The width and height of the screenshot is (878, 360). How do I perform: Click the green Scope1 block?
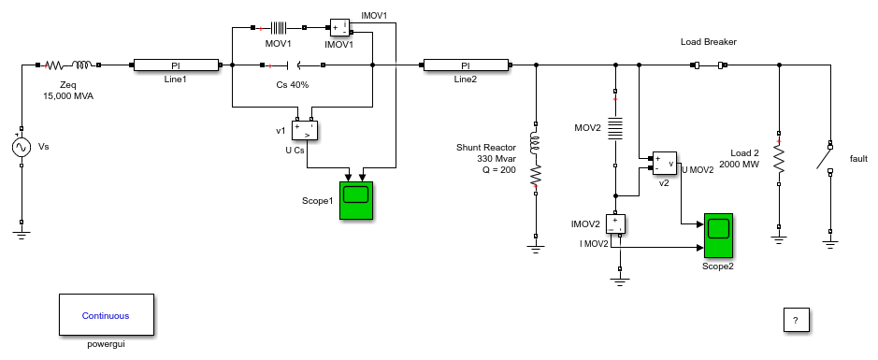(x=356, y=200)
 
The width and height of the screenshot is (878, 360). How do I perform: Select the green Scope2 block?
(x=718, y=237)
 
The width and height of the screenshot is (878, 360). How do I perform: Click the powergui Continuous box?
(x=106, y=315)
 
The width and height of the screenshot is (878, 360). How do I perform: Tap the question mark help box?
(x=796, y=320)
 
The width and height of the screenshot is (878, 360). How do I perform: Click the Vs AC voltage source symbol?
(x=22, y=147)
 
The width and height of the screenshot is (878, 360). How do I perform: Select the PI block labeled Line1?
(x=175, y=65)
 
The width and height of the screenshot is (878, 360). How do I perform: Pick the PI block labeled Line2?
(x=466, y=65)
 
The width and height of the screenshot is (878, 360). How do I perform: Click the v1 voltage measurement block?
(x=305, y=131)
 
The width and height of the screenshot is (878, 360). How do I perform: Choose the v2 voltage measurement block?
(x=664, y=163)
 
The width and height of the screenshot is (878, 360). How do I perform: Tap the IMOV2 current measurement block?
(x=615, y=224)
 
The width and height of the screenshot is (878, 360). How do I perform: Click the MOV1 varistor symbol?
(x=279, y=27)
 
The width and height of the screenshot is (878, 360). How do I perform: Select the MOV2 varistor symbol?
(x=615, y=128)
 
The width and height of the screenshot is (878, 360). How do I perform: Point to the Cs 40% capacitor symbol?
(x=295, y=65)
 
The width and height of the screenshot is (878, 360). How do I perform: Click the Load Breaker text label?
(x=709, y=42)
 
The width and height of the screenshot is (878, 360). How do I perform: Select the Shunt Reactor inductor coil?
(x=536, y=144)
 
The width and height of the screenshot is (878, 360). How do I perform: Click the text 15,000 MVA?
(x=68, y=95)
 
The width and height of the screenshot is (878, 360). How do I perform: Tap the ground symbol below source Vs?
(x=22, y=234)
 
